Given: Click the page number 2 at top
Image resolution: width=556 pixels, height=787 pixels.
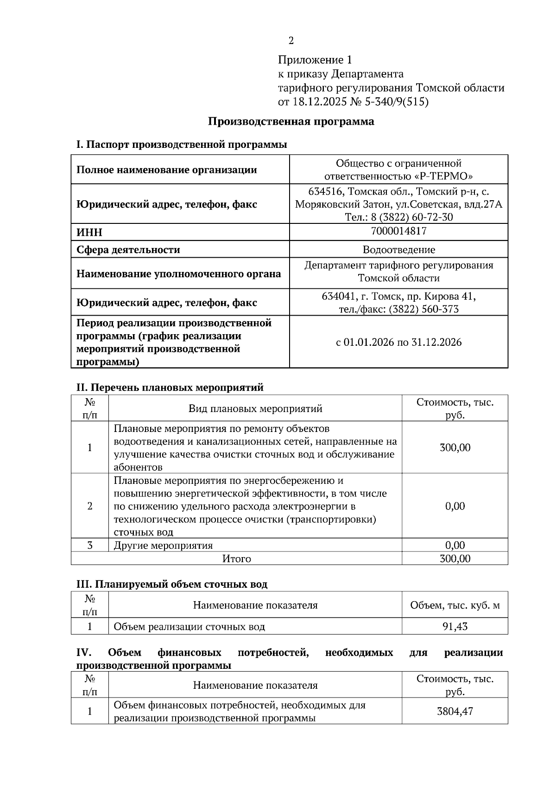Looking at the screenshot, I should pyautogui.click(x=291, y=41).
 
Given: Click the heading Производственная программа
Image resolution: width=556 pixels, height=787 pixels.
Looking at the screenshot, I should pyautogui.click(x=291, y=122).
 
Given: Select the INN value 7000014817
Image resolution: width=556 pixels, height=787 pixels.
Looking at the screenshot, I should pyautogui.click(x=398, y=231).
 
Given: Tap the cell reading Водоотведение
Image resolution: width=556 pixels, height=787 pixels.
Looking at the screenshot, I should pyautogui.click(x=398, y=250).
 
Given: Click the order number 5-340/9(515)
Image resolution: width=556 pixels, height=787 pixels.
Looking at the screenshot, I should pyautogui.click(x=397, y=102).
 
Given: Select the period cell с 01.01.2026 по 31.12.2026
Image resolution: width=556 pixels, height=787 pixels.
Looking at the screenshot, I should pyautogui.click(x=398, y=343).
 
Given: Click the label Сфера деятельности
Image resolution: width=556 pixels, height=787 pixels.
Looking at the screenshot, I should pyautogui.click(x=128, y=250).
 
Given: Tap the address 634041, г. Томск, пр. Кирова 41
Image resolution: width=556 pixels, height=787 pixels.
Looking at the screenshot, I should pyautogui.click(x=398, y=296).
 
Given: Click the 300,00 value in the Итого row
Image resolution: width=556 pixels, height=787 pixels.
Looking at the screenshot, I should pyautogui.click(x=455, y=559).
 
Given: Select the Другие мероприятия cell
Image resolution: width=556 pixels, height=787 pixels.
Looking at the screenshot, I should pyautogui.click(x=163, y=546).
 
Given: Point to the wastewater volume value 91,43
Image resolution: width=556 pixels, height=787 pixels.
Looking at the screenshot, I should pyautogui.click(x=455, y=627).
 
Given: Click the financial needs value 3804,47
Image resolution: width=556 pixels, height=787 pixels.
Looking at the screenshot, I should pyautogui.click(x=455, y=711).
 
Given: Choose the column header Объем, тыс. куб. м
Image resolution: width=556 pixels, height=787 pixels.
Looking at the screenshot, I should pyautogui.click(x=455, y=605).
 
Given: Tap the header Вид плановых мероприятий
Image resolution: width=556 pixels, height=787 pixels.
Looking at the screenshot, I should pyautogui.click(x=255, y=409).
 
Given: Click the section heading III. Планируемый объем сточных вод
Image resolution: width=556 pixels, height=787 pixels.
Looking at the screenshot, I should pyautogui.click(x=171, y=584).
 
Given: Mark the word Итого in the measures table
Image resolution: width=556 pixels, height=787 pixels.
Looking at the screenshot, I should pyautogui.click(x=236, y=559).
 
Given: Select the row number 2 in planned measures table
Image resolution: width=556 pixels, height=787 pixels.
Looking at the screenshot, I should pyautogui.click(x=89, y=506).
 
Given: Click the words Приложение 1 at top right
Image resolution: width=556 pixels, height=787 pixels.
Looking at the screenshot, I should pyautogui.click(x=315, y=60).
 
